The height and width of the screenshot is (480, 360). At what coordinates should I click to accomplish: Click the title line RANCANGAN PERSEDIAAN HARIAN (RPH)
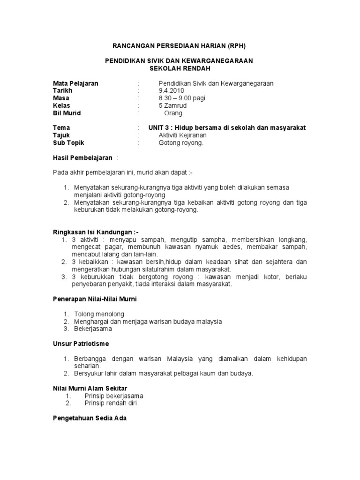180,46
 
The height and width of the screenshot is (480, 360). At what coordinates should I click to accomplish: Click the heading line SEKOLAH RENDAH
180,68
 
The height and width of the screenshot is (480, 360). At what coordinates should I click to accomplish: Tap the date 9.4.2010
172,90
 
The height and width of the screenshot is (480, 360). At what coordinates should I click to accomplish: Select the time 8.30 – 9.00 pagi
182,98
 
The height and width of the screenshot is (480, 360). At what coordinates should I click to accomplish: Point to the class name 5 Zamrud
173,105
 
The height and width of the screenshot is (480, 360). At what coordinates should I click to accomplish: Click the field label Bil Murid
67,113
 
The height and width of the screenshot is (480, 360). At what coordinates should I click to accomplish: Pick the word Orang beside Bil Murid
173,113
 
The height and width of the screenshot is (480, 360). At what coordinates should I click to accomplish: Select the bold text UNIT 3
160,128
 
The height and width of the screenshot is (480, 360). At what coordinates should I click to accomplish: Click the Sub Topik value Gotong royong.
181,143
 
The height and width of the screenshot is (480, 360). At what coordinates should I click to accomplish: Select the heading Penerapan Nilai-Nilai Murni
95,299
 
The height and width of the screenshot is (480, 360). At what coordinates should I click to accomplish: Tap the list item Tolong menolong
99,314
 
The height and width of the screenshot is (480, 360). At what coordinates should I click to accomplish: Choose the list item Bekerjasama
93,329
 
